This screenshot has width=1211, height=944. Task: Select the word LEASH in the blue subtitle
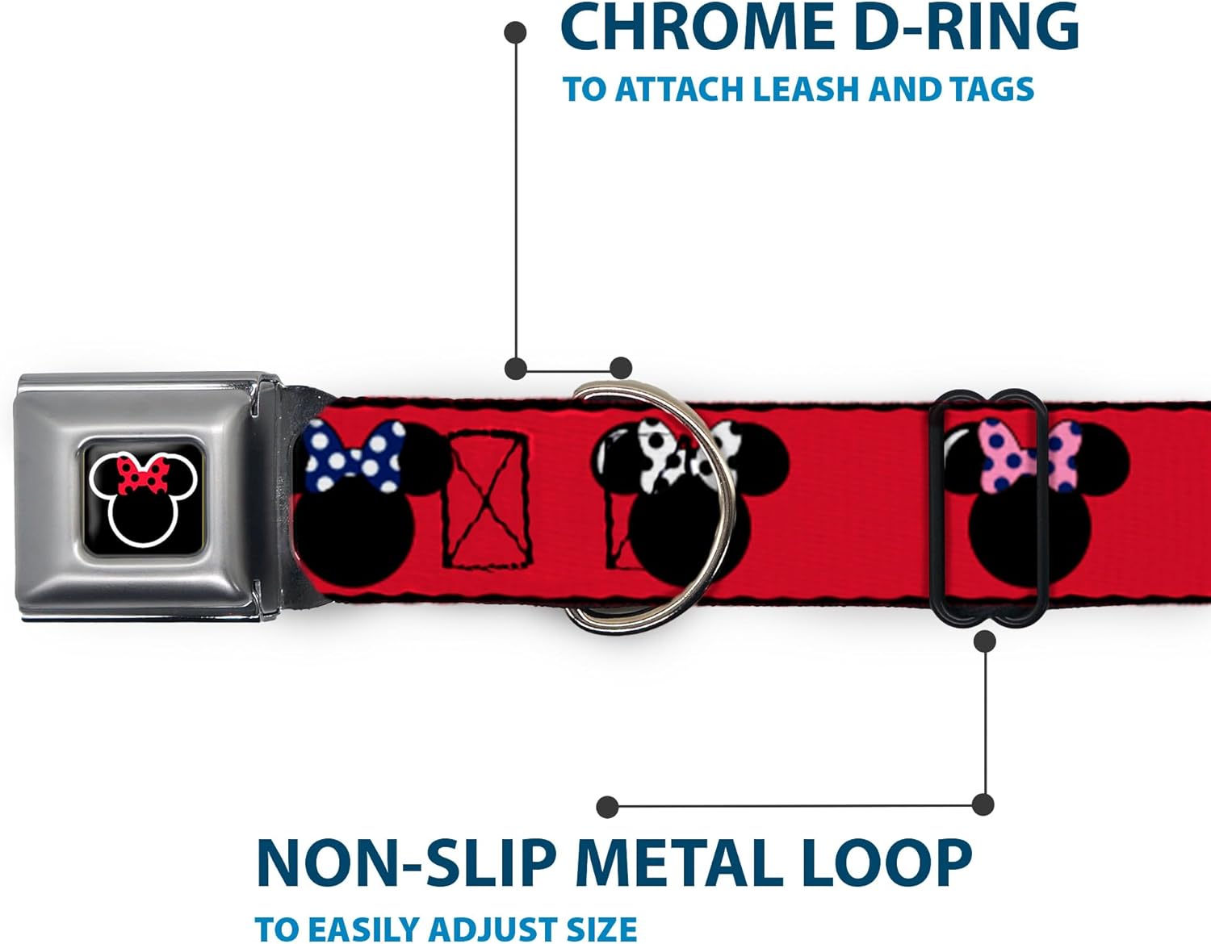click(807, 89)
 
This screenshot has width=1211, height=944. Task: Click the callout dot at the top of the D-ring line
click(515, 32)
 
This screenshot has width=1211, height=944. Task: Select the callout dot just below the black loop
click(984, 641)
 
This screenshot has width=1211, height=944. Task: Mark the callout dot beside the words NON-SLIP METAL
click(607, 806)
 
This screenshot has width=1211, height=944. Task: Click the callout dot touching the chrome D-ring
click(620, 369)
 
